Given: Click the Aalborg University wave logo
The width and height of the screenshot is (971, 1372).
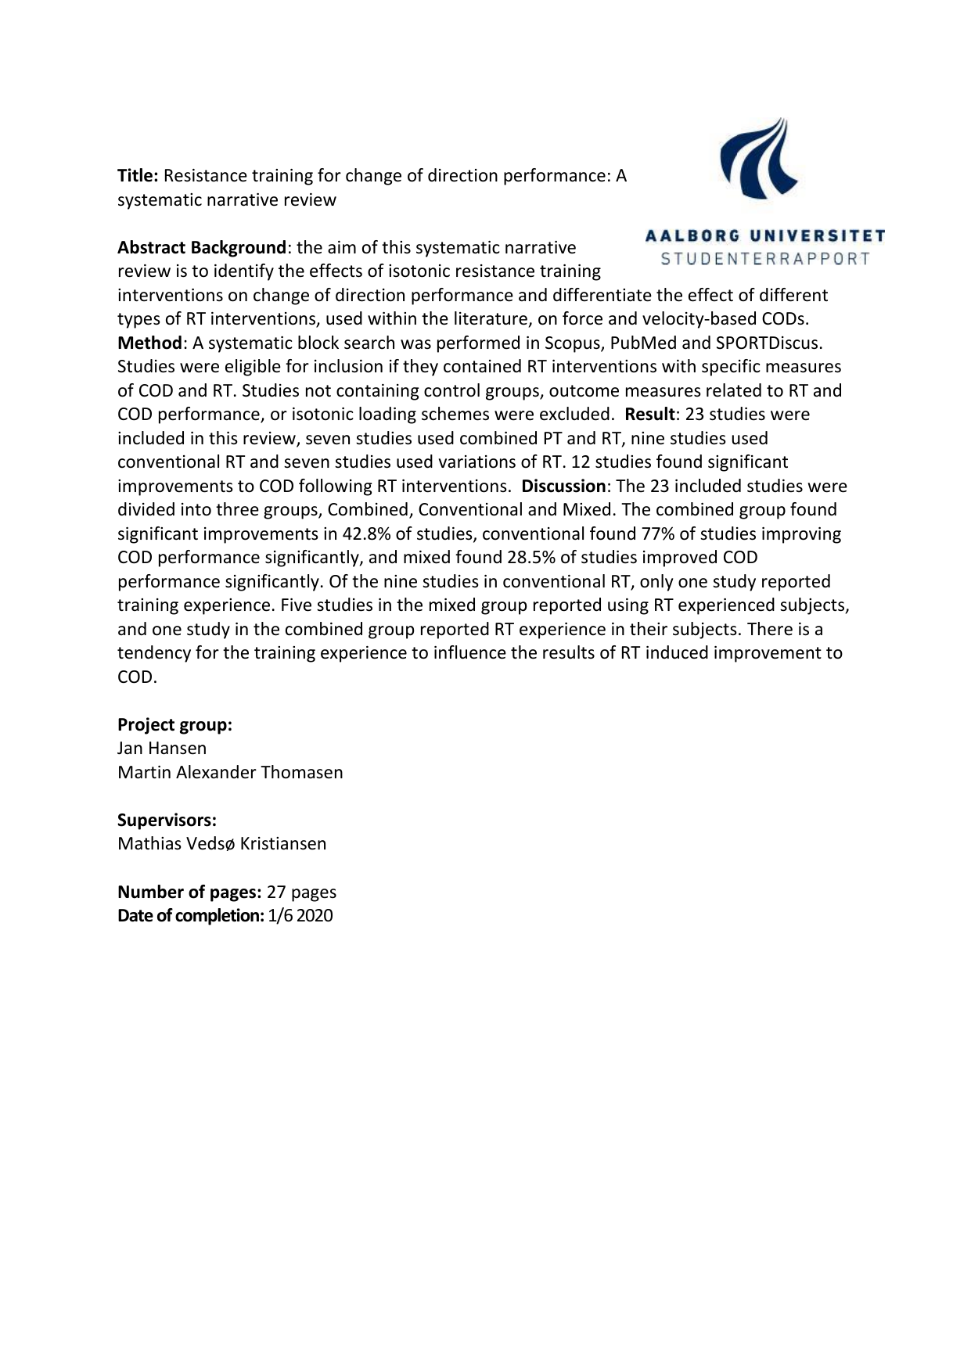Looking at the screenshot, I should click(x=757, y=159).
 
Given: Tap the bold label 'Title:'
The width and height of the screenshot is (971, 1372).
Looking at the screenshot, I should click(x=138, y=176).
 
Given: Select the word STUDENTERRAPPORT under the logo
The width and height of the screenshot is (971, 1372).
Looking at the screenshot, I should click(x=765, y=259).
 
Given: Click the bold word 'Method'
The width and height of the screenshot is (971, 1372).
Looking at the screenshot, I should click(x=149, y=343).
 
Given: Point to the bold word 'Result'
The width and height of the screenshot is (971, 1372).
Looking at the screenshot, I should click(x=649, y=414).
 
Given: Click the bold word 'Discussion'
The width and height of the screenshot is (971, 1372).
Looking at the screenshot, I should click(x=563, y=486).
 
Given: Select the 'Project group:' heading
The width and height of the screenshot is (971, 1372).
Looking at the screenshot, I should click(x=174, y=724).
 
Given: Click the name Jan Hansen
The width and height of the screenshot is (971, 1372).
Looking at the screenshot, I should click(x=162, y=749).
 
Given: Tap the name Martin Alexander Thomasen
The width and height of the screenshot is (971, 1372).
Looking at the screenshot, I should click(x=230, y=772).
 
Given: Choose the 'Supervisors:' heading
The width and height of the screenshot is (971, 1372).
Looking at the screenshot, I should click(x=167, y=820).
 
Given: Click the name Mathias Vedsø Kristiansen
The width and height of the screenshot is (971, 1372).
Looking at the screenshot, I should click(x=221, y=844).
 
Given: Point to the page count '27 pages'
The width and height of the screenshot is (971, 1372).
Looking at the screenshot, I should click(x=301, y=892).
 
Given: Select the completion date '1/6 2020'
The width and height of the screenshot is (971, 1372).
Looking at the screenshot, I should click(x=300, y=915).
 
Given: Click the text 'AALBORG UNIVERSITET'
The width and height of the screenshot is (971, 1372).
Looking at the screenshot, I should click(x=765, y=235).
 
